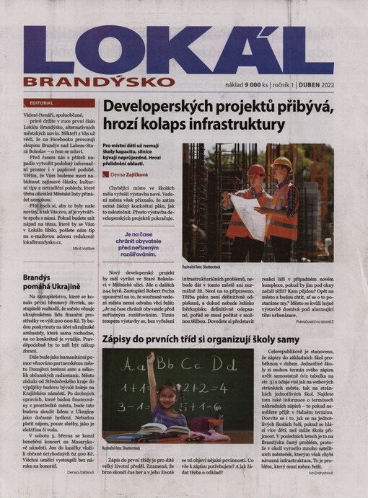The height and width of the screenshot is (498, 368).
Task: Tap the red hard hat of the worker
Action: tap(256, 170)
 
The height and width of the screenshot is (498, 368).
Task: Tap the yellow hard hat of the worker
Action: tap(282, 164)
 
